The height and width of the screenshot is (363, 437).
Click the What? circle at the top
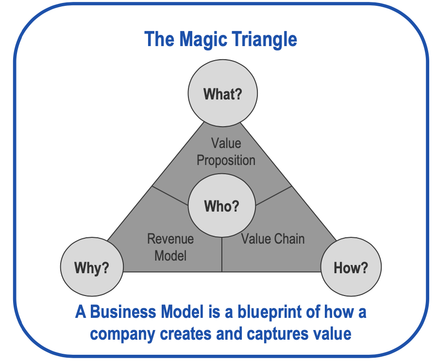pyautogui.click(x=222, y=94)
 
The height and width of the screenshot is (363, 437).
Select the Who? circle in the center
pyautogui.click(x=222, y=206)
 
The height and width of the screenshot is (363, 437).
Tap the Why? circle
pyautogui.click(x=91, y=267)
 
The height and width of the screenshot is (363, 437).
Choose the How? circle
pyautogui.click(x=351, y=267)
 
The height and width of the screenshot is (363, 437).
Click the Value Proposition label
pyautogui.click(x=226, y=151)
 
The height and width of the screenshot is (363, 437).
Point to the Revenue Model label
pyautogui.click(x=170, y=247)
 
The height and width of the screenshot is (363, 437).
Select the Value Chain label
pyautogui.click(x=273, y=238)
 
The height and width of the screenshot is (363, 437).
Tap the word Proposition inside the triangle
pyautogui.click(x=226, y=160)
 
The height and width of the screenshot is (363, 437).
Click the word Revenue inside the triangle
pyautogui.click(x=170, y=239)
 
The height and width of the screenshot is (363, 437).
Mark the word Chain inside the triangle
pyautogui.click(x=289, y=238)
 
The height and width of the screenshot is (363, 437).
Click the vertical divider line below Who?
pyautogui.click(x=222, y=255)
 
